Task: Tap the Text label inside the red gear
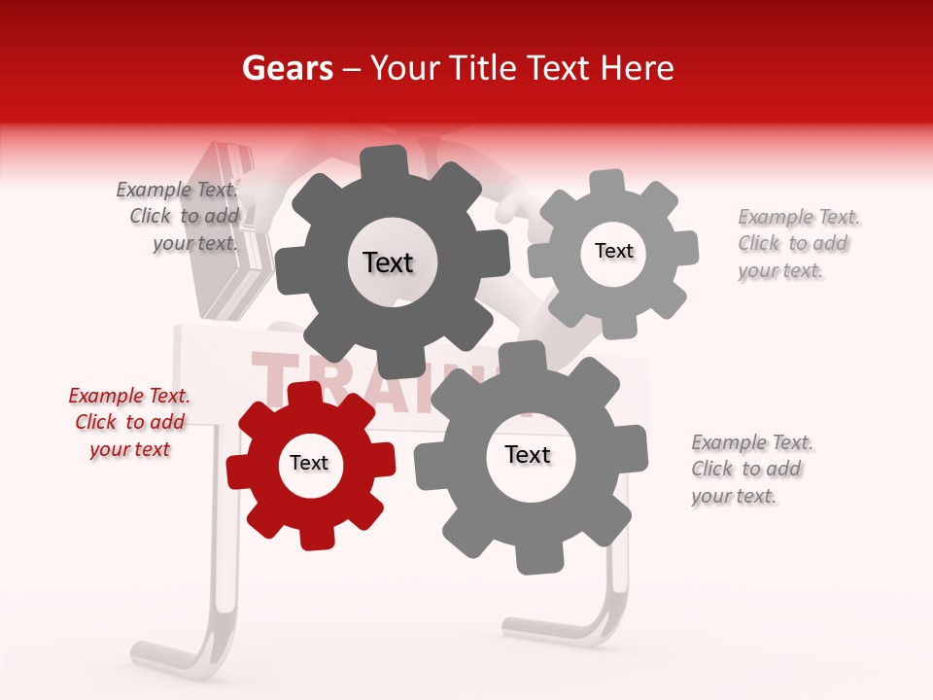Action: [309, 463]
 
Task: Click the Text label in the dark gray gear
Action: [388, 262]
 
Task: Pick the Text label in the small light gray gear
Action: [613, 251]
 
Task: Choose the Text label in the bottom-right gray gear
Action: [528, 454]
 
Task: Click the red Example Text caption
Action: [129, 422]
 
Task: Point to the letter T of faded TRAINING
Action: [271, 374]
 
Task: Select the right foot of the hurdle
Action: [554, 632]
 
